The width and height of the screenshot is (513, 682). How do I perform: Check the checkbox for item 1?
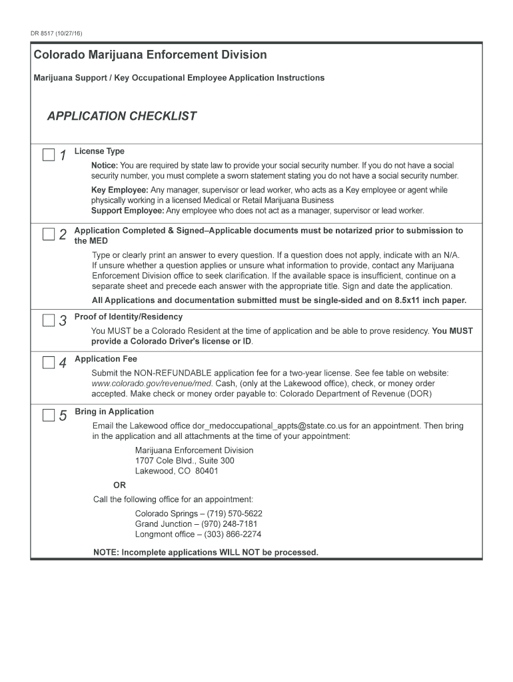pyautogui.click(x=49, y=155)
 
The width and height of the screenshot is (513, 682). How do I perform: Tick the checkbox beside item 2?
pyautogui.click(x=49, y=234)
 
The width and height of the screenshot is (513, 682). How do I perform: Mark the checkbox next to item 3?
pyautogui.click(x=49, y=320)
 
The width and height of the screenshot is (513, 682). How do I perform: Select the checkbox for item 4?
pyautogui.click(x=49, y=362)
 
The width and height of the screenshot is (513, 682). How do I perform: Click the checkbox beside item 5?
pyautogui.click(x=49, y=416)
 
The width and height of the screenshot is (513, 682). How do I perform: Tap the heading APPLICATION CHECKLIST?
pyautogui.click(x=121, y=117)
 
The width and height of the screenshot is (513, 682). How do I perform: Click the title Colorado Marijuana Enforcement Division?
pyautogui.click(x=150, y=55)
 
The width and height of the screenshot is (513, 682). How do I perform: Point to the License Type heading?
pyautogui.click(x=99, y=151)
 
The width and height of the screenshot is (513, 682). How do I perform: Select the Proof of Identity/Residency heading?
pyautogui.click(x=128, y=317)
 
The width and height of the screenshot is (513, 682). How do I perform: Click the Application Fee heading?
pyautogui.click(x=106, y=359)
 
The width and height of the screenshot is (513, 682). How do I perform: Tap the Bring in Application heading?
pyautogui.click(x=114, y=412)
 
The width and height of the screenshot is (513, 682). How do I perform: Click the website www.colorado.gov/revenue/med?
pyautogui.click(x=152, y=384)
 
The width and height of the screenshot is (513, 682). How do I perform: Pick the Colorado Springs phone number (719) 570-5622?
pyautogui.click(x=235, y=513)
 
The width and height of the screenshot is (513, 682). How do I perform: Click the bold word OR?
pyautogui.click(x=119, y=486)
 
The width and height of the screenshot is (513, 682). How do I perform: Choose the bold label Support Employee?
pyautogui.click(x=127, y=210)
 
